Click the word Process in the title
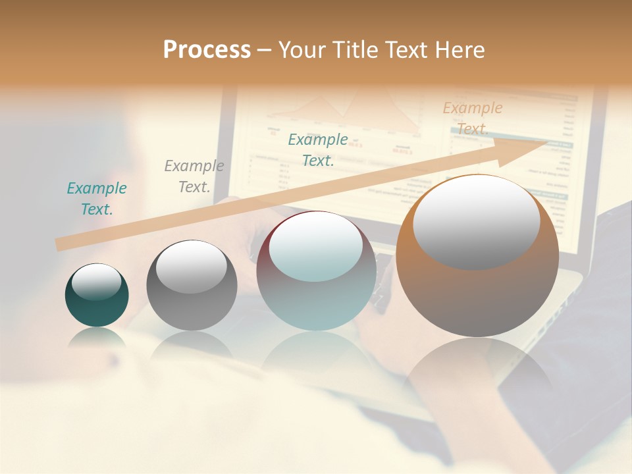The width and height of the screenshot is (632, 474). [207, 50]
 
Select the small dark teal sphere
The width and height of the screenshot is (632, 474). [97, 296]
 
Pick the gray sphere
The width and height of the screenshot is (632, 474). [192, 286]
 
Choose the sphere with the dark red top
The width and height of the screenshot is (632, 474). [316, 271]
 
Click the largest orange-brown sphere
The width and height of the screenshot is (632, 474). [477, 257]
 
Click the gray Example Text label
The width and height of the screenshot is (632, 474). [194, 176]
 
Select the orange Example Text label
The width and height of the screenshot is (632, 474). [473, 118]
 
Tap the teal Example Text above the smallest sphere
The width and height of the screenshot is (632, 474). [97, 198]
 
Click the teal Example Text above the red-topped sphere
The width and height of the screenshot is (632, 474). [318, 149]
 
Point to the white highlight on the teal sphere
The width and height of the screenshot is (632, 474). [97, 282]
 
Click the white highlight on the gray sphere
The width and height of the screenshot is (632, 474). [192, 267]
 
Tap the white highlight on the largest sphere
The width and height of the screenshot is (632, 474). [477, 222]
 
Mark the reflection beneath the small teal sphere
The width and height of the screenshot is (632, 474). [97, 337]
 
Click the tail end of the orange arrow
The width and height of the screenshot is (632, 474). [61, 244]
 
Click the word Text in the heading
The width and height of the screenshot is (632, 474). [409, 50]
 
